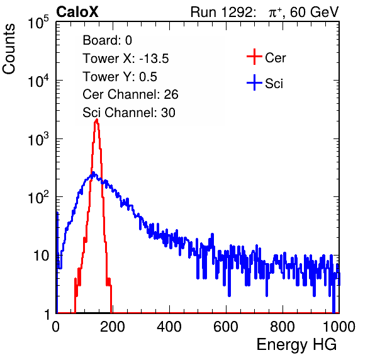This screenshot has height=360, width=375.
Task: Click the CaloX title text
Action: click(77, 11)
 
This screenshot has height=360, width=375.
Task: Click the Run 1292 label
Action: click(222, 11)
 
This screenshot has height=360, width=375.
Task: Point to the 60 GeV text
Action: click(315, 12)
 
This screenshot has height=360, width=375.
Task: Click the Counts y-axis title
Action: click(9, 49)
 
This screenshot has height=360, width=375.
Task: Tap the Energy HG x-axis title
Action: click(296, 345)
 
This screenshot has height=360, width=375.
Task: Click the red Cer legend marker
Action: click(254, 57)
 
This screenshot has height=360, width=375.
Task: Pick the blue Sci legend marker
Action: click(254, 83)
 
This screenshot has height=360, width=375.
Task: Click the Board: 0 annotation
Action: click(107, 40)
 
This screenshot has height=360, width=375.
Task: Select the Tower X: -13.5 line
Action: click(126, 59)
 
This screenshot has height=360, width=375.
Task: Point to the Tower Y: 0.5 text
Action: click(120, 77)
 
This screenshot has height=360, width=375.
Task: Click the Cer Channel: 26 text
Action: click(130, 94)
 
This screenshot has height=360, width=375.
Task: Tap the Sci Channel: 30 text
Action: click(129, 113)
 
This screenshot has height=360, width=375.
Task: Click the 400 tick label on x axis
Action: click(169, 327)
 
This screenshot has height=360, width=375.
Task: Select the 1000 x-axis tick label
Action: click(339, 327)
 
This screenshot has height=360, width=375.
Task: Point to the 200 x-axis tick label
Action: click(113, 327)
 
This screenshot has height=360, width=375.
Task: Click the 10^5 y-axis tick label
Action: click(38, 22)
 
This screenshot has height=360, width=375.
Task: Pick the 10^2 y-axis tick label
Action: click(38, 197)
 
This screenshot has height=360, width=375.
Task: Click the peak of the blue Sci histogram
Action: click(94, 172)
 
